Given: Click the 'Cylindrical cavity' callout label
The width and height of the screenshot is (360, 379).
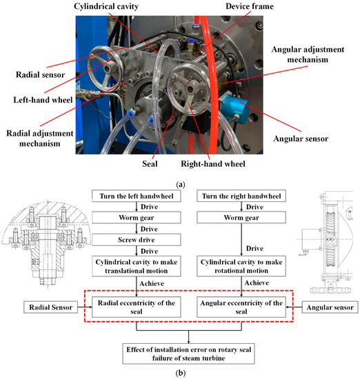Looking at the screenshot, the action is tap(106, 6).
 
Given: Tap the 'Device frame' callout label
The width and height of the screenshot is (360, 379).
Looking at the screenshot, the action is tap(250, 6).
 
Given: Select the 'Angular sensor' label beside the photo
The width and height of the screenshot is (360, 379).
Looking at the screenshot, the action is tap(301, 139).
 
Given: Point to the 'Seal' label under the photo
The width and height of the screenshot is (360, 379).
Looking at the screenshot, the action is tap(150, 163).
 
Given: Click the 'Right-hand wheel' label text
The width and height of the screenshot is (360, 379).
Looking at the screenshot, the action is tap(213, 163).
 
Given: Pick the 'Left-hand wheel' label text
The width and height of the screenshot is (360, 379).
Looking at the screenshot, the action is tap(43, 100).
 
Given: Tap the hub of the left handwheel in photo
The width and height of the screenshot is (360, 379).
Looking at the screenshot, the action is tap(108, 68).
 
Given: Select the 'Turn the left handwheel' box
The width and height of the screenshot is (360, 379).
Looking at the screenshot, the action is tap(137, 196).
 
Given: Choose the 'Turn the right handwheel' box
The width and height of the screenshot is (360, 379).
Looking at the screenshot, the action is tap(241, 196).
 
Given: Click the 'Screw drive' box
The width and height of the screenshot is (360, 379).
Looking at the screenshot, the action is tap(137, 240).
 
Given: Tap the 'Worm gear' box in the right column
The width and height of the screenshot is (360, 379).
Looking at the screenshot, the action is tap(241, 218).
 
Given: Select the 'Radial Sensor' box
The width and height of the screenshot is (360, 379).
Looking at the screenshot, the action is tap(50, 307).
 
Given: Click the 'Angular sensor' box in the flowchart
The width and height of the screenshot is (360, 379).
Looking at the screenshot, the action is tap(330, 307).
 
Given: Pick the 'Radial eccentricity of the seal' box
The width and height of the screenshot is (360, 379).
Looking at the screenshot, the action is tap(137, 307).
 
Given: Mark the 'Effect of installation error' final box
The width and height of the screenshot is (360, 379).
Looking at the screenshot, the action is tap(189, 354).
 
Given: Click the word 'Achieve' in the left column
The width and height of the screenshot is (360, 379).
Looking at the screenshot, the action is tap(152, 283).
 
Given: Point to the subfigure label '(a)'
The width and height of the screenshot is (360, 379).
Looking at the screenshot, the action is tap(181, 185).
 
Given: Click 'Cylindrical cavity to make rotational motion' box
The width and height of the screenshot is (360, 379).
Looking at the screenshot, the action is tap(241, 266).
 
